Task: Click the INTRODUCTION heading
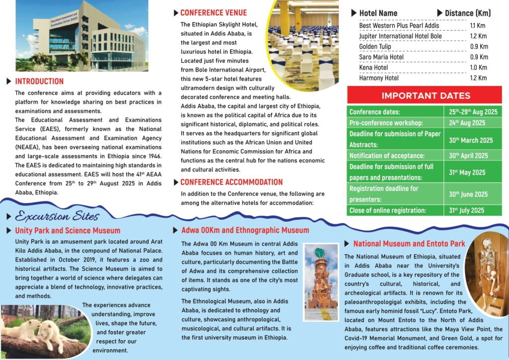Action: pos(39,82)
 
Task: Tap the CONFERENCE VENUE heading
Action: pos(213,13)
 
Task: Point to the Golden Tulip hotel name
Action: pos(375,47)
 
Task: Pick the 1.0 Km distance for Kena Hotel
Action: pos(479,68)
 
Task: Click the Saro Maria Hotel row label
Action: pos(381,57)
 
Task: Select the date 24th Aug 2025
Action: pos(467,123)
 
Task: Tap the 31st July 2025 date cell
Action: pos(466,210)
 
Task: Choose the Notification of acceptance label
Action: pos(387,156)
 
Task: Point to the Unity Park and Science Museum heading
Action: pos(68,231)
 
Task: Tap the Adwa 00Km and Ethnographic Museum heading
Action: pos(245,230)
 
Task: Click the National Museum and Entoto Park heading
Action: pos(409,244)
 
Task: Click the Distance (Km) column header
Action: pos(467,13)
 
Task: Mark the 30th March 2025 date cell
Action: pos(471,140)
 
